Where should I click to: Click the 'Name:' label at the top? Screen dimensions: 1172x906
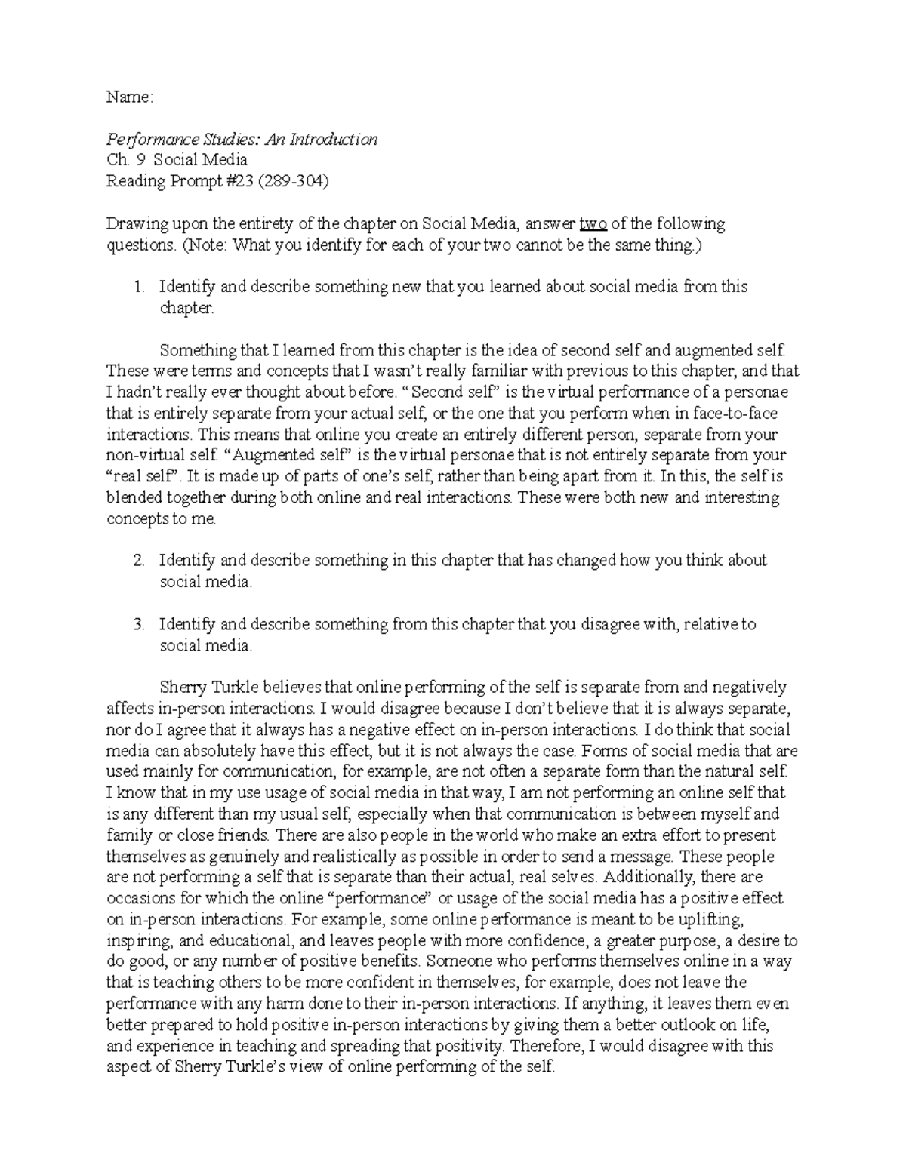tap(130, 97)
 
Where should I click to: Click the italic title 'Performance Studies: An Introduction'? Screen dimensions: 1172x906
tap(242, 139)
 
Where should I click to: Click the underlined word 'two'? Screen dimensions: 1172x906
tap(593, 224)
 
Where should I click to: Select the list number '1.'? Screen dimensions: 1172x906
tap(138, 287)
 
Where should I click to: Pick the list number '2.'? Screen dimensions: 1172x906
tap(138, 561)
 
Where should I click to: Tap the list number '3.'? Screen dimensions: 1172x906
tap(138, 625)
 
